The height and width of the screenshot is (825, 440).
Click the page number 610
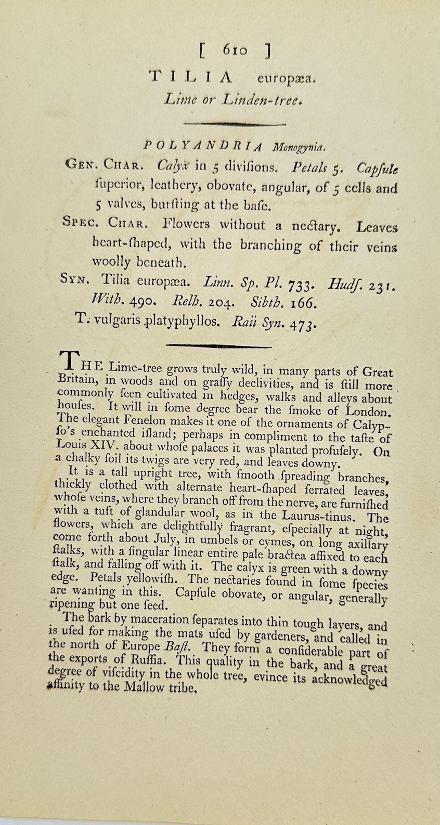235,50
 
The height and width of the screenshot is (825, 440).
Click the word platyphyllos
178,321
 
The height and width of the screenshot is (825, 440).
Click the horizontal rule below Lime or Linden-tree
222,124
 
